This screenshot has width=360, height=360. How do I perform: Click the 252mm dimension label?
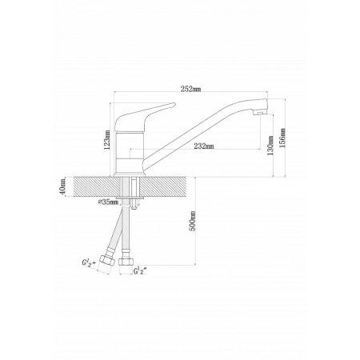190,89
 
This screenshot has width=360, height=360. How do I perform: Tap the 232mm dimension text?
204,146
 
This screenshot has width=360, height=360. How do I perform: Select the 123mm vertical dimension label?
107,139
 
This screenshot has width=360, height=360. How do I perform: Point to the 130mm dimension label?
270,146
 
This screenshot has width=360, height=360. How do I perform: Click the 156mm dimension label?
282,138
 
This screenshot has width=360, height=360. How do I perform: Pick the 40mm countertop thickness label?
62,186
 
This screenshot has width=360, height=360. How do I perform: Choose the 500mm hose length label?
193,221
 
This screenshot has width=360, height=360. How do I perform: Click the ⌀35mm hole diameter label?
108,202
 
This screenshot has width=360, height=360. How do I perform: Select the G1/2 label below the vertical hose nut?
140,271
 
